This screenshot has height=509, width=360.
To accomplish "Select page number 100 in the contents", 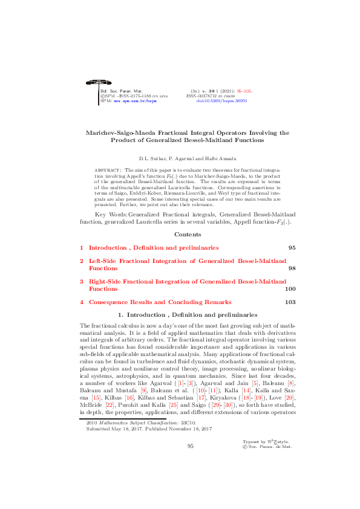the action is tap(290, 289).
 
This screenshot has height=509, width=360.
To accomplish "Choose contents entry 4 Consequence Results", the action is tap(160, 302).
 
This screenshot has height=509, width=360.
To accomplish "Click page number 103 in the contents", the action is tap(290, 302).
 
